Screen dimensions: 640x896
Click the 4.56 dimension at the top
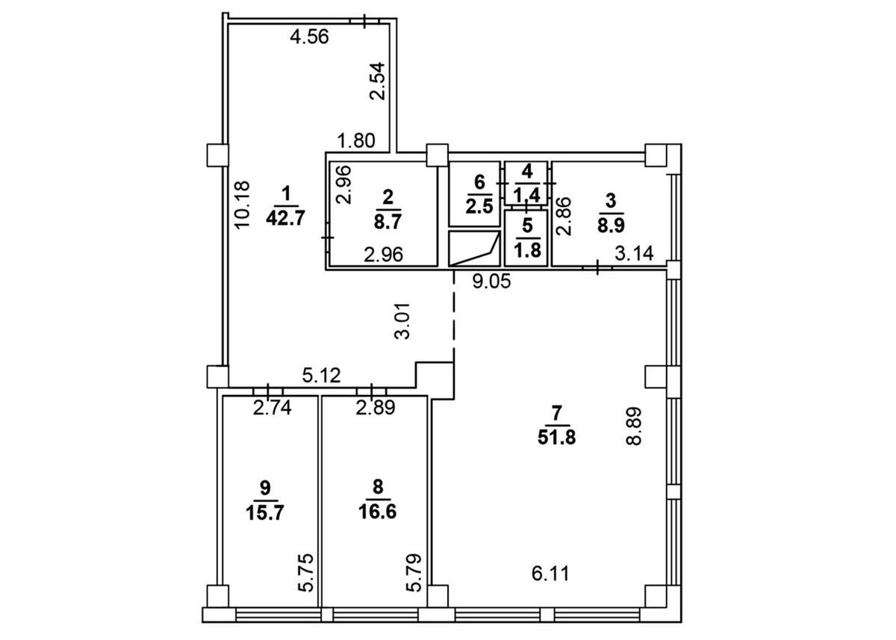(309, 37)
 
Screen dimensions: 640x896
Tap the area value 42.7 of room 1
(284, 220)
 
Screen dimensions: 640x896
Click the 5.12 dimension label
(323, 377)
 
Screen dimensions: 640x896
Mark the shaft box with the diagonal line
(474, 249)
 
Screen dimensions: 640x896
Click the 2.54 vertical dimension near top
(379, 82)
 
